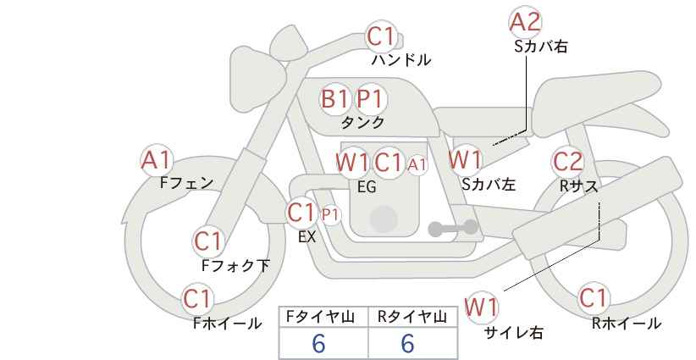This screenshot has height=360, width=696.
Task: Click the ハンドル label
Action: point(401,60)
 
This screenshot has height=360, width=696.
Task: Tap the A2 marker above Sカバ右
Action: point(525,21)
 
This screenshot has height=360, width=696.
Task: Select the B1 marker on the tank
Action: point(335,99)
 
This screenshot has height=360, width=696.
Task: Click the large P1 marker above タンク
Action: point(370,99)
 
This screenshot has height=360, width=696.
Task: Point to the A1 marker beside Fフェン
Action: point(157,159)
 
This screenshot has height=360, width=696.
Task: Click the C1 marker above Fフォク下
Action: point(207,241)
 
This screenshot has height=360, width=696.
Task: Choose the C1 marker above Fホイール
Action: point(198,299)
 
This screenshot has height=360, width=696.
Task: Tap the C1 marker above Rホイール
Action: point(593,299)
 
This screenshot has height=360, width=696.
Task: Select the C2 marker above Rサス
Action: point(567,161)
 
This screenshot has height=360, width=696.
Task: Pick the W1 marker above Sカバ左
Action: point(465,159)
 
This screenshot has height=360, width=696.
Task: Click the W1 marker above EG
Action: point(352,162)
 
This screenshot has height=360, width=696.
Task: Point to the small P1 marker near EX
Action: point(330,215)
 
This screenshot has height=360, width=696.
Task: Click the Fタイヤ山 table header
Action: point(323,317)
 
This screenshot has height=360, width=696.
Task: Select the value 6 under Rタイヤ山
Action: point(407,343)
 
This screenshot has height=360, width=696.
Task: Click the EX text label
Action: point(307,237)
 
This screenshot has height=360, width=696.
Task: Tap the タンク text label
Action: point(362,122)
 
